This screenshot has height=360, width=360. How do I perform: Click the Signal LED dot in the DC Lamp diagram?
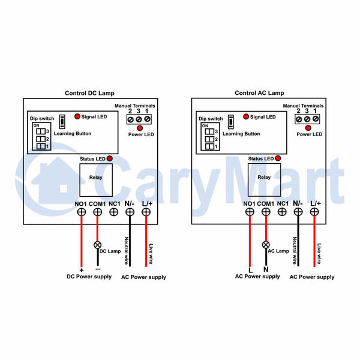coord(77,116)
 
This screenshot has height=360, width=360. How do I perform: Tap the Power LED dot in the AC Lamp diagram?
coord(308,128)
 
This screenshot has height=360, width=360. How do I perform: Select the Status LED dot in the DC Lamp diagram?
coord(110,158)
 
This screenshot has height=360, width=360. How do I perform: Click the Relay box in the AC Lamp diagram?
coord(264,180)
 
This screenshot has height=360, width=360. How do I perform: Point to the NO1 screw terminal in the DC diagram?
coord(82,212)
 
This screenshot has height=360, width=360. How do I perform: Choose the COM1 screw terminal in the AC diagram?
coord(266,212)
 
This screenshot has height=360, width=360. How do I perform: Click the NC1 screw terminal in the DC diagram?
coord(113,212)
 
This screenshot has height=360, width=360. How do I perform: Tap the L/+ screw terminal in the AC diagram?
coord(314,212)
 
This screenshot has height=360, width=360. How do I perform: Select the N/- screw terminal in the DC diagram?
coord(130,212)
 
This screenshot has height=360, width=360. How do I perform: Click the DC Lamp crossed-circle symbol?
coord(98,245)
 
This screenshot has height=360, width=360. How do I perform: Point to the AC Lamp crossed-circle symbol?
coord(266,245)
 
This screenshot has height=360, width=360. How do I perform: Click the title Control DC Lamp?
coord(89,93)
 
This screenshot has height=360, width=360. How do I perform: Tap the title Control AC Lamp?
coord(259,93)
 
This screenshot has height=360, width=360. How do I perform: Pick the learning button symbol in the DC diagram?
coord(62,121)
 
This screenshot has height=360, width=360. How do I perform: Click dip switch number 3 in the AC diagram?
coord(209,131)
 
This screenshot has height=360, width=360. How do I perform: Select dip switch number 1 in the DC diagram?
coord(41,146)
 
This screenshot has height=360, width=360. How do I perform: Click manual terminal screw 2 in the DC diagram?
coord(130,119)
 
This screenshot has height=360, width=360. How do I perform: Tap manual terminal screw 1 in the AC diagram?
coord(316,119)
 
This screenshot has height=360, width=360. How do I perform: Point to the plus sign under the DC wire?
coord(81,270)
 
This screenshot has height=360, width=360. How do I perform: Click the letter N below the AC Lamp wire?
coord(266,269)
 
